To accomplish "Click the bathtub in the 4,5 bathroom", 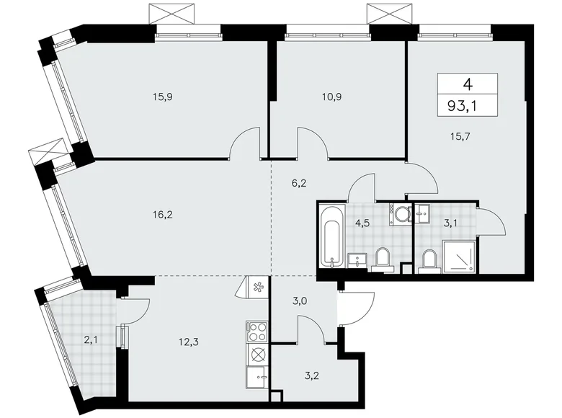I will point(333,236).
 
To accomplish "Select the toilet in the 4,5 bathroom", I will point(382,257).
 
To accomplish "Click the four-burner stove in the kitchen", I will point(257,332).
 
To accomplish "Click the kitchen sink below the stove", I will point(257,378).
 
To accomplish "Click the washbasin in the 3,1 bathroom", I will point(423,212).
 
